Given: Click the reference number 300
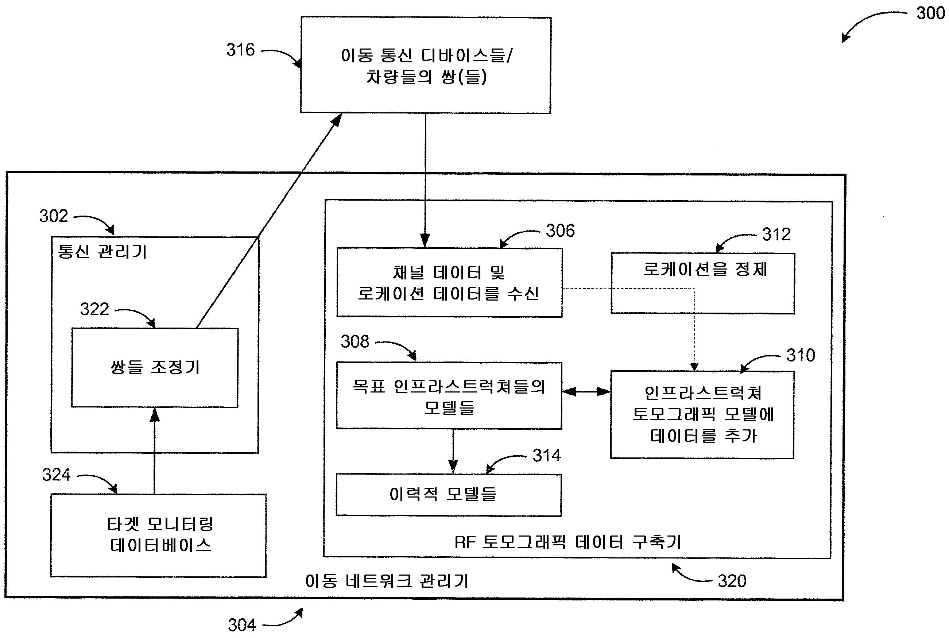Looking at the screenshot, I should point(930,13).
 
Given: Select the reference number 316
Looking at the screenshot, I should point(240,50).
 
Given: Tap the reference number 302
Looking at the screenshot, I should point(53,216).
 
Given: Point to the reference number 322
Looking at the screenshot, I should point(94,309).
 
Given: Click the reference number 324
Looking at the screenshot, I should point(56,475).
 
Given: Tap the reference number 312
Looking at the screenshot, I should point(776,234).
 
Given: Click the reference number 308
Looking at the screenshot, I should point(355,342).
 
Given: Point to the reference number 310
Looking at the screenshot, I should point(801,356).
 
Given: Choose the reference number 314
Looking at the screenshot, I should point(546,456).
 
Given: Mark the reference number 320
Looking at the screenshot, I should point(732,581).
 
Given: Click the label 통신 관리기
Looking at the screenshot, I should point(102,252).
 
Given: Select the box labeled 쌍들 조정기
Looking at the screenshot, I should point(155,367).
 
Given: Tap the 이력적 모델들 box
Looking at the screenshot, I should point(448,495).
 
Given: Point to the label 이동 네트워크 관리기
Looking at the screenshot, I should point(387,581).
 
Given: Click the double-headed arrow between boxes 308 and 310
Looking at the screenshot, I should point(586,392).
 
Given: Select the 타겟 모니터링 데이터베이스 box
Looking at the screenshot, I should point(158,535).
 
